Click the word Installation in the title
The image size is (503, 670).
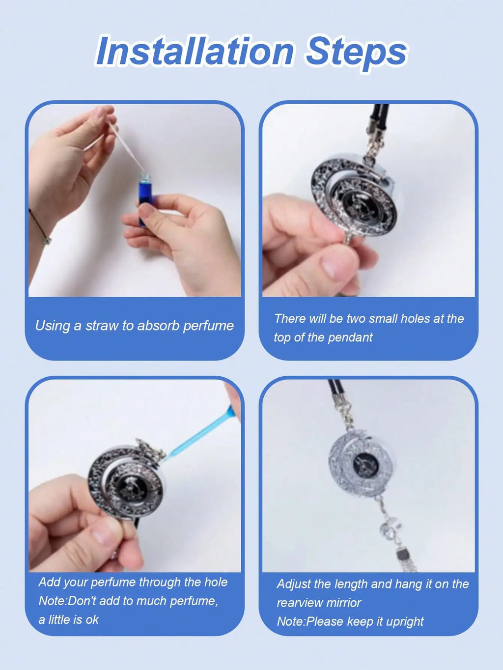tap(195, 51)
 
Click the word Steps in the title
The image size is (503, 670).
tap(357, 51)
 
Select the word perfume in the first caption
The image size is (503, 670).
tap(208, 326)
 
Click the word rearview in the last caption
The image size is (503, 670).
tap(298, 603)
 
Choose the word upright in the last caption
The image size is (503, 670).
tap(405, 621)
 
